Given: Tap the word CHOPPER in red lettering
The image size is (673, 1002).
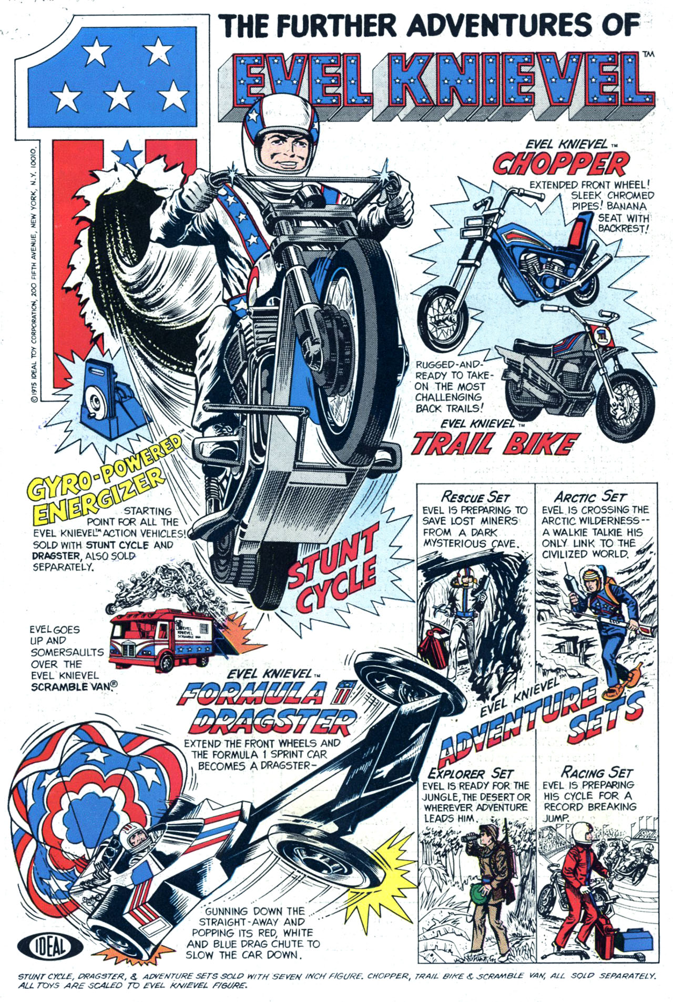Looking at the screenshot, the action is coord(560,164).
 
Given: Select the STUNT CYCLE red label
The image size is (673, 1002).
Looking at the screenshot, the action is coord(332,571).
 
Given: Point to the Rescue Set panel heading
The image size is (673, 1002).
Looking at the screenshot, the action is coord(475,495).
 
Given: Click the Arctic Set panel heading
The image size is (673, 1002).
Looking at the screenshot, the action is coord(589,495).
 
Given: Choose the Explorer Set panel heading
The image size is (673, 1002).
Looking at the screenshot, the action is coord(470,773).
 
